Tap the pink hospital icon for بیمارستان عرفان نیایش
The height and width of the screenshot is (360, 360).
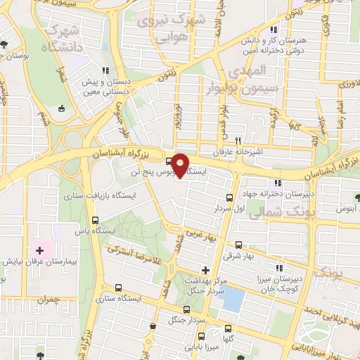[41, 250]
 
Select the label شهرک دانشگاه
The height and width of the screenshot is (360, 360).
[62, 39]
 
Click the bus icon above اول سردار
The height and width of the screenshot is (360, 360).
[229, 198]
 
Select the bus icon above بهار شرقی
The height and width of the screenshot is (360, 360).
[239, 245]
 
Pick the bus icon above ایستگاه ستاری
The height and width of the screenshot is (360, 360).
[117, 287]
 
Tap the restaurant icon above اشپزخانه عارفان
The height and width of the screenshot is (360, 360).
[238, 141]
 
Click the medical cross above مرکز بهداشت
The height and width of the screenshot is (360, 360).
[205, 269]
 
